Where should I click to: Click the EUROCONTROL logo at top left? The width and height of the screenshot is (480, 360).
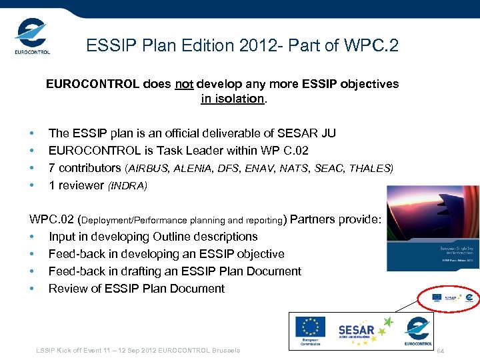tap(31, 37)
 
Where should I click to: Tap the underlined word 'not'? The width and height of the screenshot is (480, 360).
tap(184, 84)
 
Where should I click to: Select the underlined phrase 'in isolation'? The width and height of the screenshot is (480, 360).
tap(233, 99)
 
